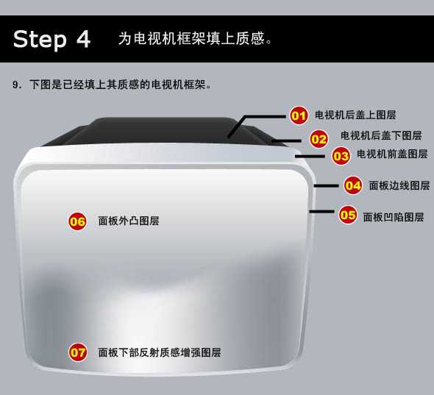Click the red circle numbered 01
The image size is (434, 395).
pos(299,115)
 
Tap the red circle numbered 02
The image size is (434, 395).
pos(319,139)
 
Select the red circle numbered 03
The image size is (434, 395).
pos(341,156)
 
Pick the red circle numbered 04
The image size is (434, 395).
pos(353,185)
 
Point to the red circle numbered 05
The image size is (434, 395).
pos(348,215)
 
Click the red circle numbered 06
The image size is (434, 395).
pos(77,221)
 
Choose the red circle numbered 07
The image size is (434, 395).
pos(78,352)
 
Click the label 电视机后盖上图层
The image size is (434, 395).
pos(355,115)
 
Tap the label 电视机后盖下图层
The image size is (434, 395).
pos(381,135)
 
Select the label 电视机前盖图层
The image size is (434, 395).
pos(392,154)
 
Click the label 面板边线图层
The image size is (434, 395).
pos(399,185)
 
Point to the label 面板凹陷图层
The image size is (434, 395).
pos(394,217)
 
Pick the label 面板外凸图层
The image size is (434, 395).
pos(129,221)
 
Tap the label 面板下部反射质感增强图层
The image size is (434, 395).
pos(160,352)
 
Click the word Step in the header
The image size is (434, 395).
pos(40,39)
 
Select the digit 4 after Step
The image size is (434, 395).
pos(83,38)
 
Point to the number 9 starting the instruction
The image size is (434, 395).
pos(15,85)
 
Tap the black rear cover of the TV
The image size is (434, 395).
pos(163,131)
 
